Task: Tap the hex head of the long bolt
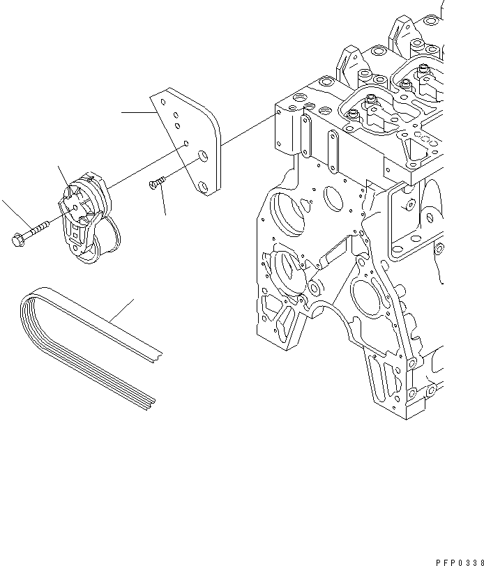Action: pyautogui.click(x=17, y=240)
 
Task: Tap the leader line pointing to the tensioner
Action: pyautogui.click(x=64, y=178)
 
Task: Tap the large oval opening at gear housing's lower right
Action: pyautogui.click(x=367, y=300)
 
